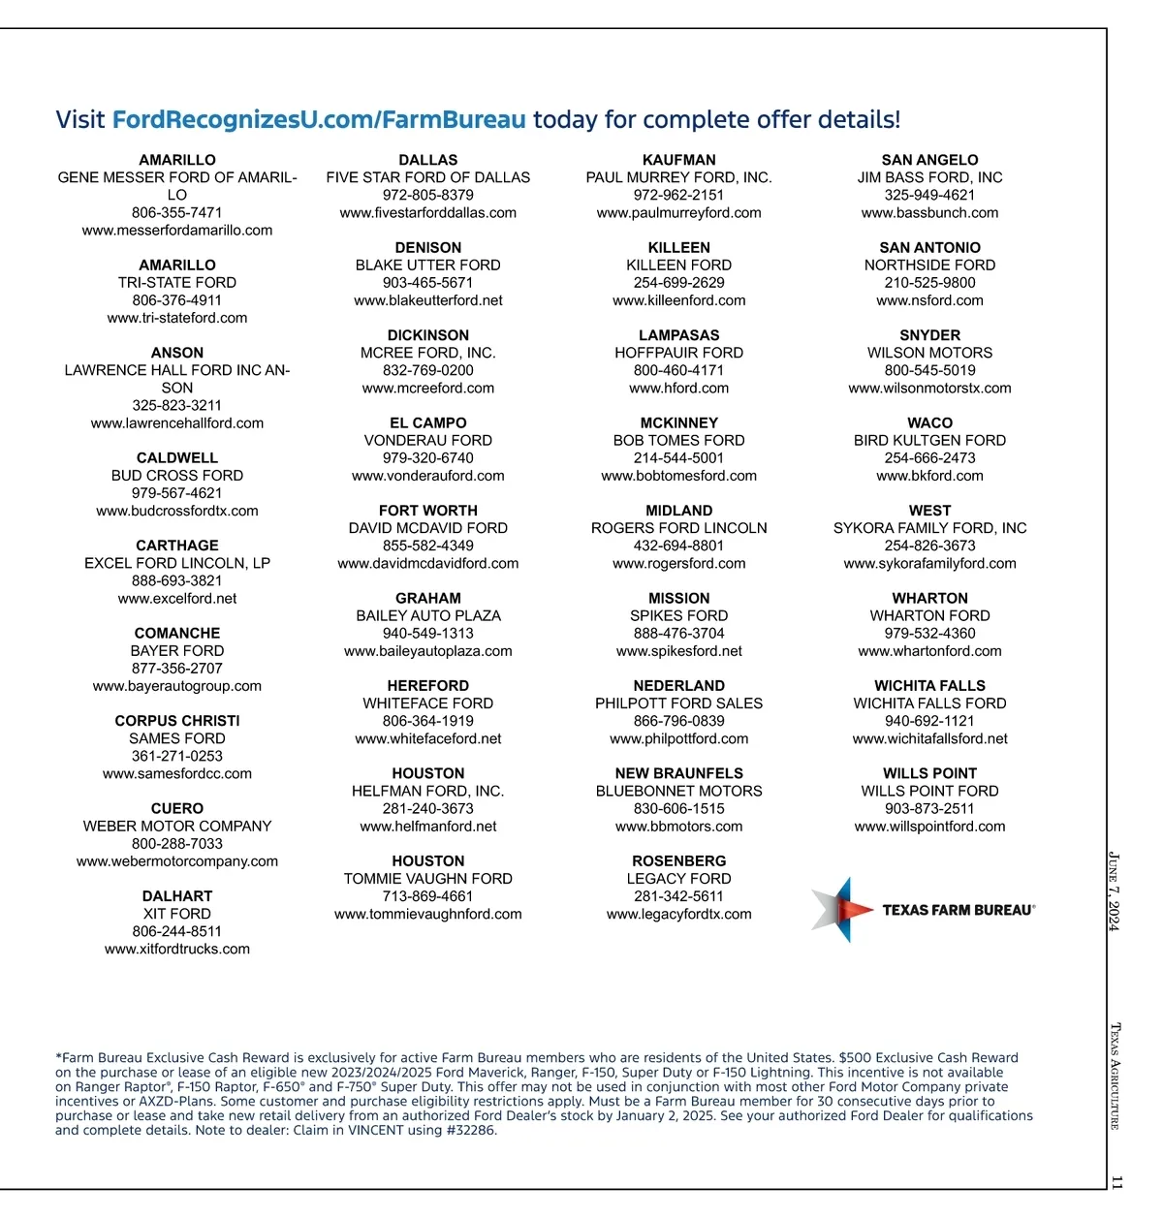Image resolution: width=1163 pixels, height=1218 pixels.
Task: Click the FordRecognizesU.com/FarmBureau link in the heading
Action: (x=319, y=120)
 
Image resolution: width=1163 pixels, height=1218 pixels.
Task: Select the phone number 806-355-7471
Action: (x=177, y=213)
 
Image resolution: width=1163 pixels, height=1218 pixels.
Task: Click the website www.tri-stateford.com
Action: (x=177, y=318)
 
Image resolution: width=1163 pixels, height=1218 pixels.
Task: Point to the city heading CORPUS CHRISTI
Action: (x=177, y=721)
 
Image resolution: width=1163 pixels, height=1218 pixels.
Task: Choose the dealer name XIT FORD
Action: (x=177, y=914)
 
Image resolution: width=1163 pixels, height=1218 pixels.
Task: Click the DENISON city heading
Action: (x=428, y=248)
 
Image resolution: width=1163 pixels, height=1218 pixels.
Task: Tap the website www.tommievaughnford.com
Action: (x=428, y=914)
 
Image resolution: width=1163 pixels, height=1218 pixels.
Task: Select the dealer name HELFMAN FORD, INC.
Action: (x=428, y=792)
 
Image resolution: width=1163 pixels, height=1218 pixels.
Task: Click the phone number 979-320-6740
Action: (x=428, y=458)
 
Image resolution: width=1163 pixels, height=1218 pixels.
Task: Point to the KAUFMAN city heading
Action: (x=679, y=160)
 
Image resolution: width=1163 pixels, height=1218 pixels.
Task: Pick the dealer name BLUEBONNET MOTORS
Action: (x=679, y=792)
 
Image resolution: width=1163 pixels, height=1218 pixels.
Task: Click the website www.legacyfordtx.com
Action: (x=679, y=914)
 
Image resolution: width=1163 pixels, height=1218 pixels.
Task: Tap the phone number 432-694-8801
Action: (x=679, y=546)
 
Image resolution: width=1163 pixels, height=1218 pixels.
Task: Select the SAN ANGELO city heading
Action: (x=930, y=160)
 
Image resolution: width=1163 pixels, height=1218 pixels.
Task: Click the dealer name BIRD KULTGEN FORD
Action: (x=930, y=441)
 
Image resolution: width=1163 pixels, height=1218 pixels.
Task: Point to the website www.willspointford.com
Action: (x=930, y=827)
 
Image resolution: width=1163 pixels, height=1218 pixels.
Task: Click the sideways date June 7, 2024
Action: (x=1115, y=890)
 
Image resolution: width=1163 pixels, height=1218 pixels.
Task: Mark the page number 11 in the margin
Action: (x=1116, y=1182)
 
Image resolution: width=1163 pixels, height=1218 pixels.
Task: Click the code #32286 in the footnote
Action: (x=472, y=1130)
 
